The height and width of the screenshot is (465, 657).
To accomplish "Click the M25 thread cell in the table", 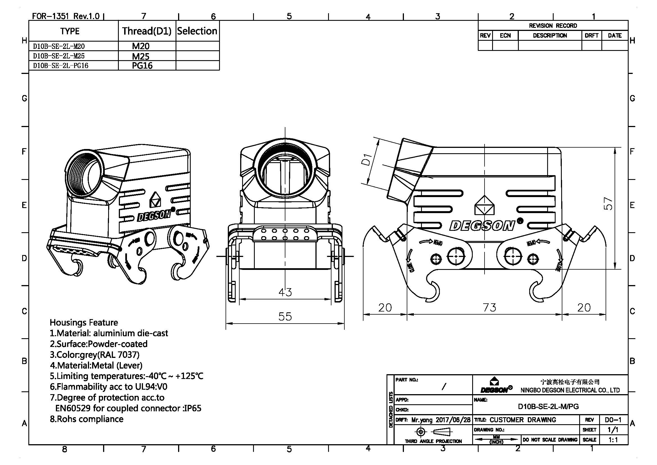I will click(x=141, y=56).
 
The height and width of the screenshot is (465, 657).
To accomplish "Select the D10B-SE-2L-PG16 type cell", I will click(x=61, y=66).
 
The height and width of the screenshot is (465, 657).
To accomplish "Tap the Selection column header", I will click(x=197, y=31).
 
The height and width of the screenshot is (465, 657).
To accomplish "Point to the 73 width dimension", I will click(x=489, y=308).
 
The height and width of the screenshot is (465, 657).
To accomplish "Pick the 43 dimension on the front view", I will click(x=285, y=292).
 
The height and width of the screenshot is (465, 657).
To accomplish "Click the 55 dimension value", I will click(x=285, y=316).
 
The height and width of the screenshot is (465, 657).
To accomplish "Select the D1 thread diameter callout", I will click(x=367, y=159).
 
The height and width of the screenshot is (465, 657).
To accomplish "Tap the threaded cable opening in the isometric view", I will click(x=85, y=173).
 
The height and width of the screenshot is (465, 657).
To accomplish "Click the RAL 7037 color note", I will click(x=94, y=355).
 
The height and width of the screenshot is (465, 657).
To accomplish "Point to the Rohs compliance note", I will click(x=87, y=419).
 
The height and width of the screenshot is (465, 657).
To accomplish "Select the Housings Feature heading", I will click(x=83, y=322).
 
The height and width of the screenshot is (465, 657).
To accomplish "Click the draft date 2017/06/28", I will click(x=453, y=420).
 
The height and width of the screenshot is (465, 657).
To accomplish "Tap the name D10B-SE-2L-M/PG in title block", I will click(x=548, y=406).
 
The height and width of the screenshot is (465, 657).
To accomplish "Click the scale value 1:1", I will click(x=613, y=440).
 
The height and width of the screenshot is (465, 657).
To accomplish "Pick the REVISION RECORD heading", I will click(x=553, y=26).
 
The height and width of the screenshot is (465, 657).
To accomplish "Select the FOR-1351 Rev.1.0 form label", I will click(x=65, y=16).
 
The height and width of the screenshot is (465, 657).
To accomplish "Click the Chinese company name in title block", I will click(x=570, y=382).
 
